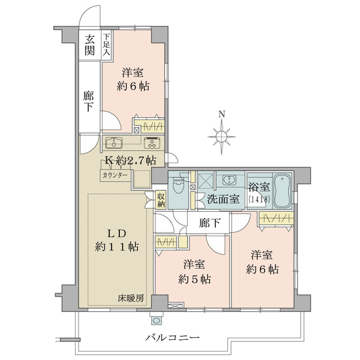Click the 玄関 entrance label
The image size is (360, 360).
point(89,45)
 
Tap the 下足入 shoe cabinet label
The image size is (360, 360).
point(106,44)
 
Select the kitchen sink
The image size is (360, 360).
point(114,143)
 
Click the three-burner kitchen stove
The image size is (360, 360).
point(152,143)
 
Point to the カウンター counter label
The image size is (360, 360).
point(115,176)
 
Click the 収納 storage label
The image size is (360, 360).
point(161,200)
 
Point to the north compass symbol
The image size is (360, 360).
point(221,137)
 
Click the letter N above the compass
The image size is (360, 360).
point(221,114)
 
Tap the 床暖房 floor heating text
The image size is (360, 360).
point(131,298)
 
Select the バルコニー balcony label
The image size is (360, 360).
point(172,337)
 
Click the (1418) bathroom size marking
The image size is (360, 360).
point(259,199)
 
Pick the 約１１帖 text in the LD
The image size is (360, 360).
point(117,247)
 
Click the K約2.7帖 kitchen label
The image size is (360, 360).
point(130,160)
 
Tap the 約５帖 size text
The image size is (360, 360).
point(194,279)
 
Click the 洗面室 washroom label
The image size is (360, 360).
point(223,199)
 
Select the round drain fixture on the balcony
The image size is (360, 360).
point(157,320)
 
